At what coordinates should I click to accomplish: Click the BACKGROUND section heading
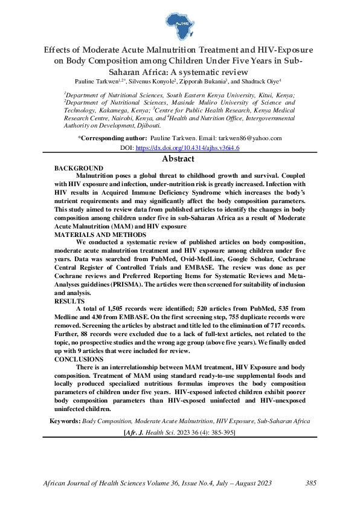click(x=79, y=167)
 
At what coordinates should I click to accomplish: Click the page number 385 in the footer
click(x=311, y=483)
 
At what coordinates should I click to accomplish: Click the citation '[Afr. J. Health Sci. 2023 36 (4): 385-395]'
click(x=179, y=433)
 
